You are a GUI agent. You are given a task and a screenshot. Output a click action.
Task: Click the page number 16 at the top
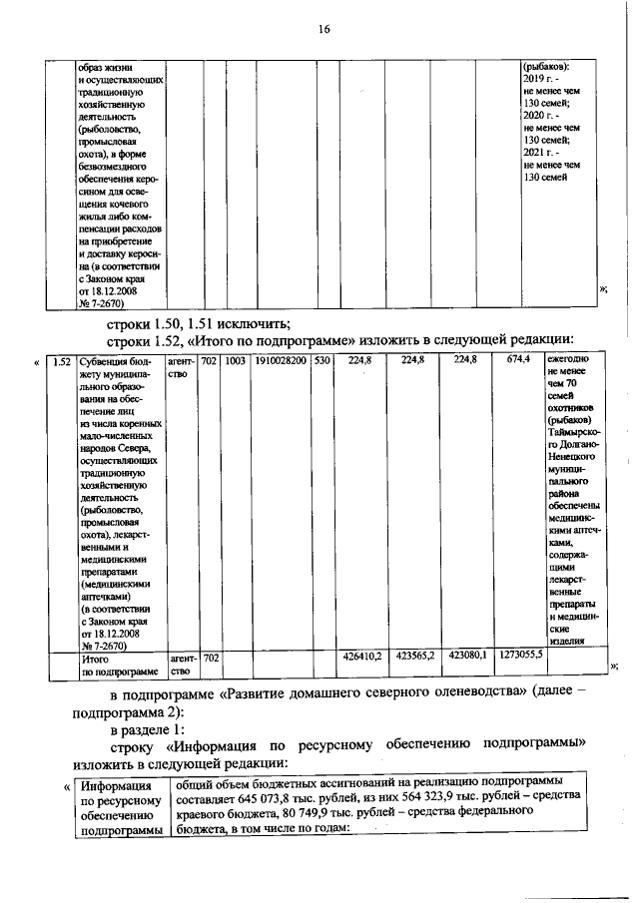click(324, 29)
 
